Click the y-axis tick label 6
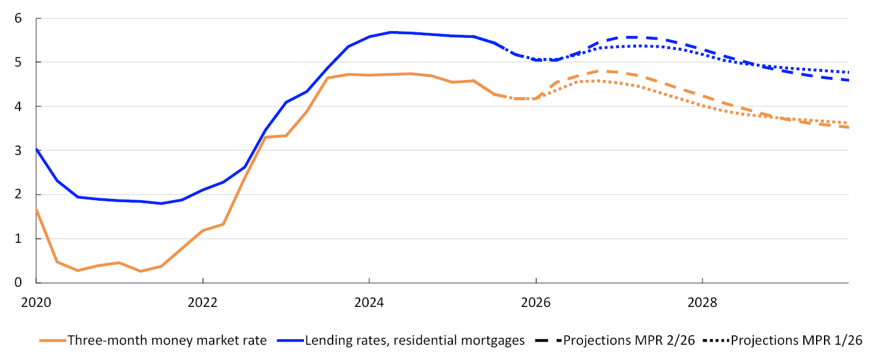click(18, 18)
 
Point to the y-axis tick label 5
click(18, 62)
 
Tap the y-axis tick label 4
click(18, 106)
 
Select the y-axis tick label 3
click(18, 150)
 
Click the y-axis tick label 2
click(18, 195)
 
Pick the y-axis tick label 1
click(18, 239)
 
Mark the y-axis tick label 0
click(18, 283)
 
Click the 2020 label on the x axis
click(36, 302)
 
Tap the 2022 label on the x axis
click(203, 302)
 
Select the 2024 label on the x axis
click(369, 302)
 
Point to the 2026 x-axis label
click(535, 302)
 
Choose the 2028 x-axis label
click(702, 302)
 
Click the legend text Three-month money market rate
click(167, 340)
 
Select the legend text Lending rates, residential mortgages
click(414, 340)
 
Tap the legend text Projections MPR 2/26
click(629, 340)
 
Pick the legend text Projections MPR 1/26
click(796, 340)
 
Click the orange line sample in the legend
click(52, 340)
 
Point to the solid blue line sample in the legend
click(290, 340)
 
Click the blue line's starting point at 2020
click(36, 149)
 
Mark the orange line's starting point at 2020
click(36, 210)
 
